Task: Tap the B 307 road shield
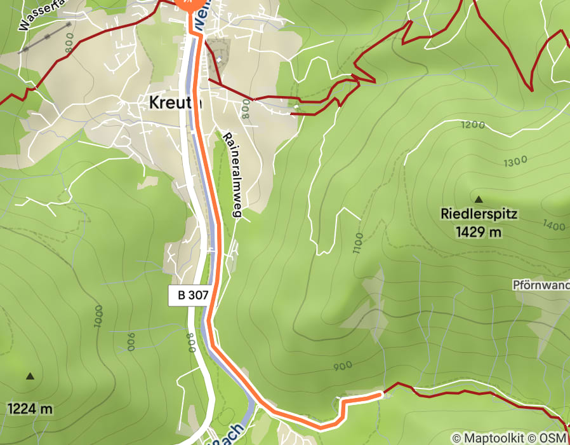189,295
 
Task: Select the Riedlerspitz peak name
479,214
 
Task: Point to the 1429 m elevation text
479,232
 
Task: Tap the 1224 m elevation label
30,408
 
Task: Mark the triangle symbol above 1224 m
30,376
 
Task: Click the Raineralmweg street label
232,175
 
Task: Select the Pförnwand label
541,285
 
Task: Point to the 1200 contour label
474,125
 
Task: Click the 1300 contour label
515,162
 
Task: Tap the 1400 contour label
554,225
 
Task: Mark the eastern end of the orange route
380,395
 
